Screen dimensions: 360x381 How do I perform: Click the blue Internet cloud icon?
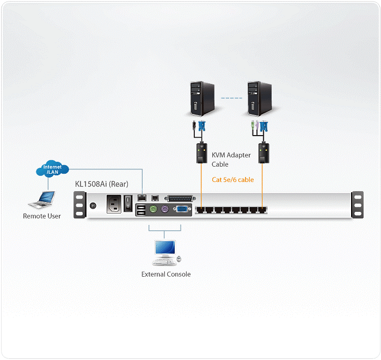click(52, 169)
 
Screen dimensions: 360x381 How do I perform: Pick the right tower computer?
click(259, 97)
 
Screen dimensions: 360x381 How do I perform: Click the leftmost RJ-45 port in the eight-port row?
click(202, 209)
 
